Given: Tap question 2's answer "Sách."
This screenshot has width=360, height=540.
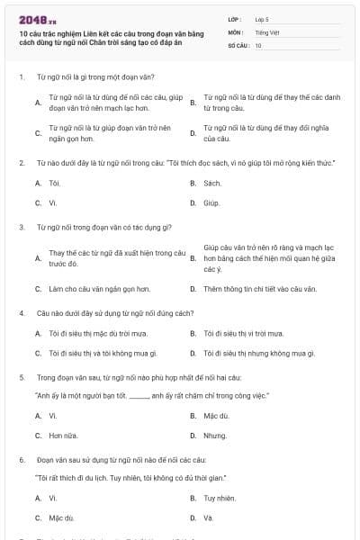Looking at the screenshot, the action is [212, 183].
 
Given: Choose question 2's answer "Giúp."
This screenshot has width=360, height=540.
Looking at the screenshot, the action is [211, 202].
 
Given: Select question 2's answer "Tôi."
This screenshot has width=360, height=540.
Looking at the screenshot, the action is [54, 183].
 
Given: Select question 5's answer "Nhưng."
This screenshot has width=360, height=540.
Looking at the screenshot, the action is [214, 436].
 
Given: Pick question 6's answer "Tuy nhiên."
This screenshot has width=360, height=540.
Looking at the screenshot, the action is [220, 498].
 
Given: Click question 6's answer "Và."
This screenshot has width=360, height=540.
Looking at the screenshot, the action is [208, 517].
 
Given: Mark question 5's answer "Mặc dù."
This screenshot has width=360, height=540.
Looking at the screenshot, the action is [216, 416].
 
